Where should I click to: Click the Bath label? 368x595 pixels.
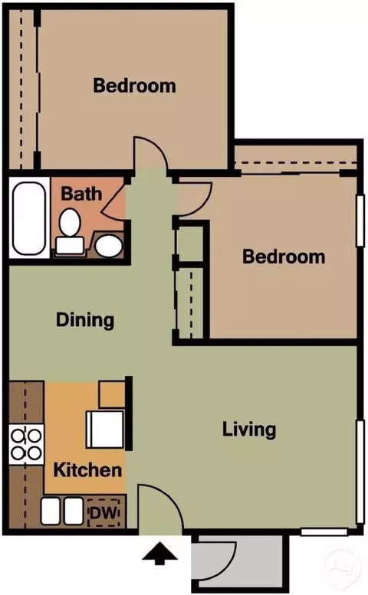tap(81, 194)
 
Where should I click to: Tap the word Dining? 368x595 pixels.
tap(85, 320)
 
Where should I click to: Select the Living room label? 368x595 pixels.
tap(249, 430)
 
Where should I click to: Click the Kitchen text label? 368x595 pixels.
tap(87, 469)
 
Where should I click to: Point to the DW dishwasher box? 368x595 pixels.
tap(103, 513)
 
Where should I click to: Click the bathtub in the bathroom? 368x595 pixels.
tap(29, 218)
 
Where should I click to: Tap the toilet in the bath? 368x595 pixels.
tap(70, 230)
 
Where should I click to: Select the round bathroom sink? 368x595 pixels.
tap(109, 246)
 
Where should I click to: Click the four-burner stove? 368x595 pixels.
tap(26, 444)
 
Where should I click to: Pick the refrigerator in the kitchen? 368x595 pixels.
tap(105, 429)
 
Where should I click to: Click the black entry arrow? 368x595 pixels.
tap(160, 554)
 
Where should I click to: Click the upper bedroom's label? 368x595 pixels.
tap(134, 85)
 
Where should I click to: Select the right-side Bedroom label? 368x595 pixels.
tap(284, 257)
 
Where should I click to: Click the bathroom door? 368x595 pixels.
tap(114, 201)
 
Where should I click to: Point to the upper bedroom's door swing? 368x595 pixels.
tap(149, 153)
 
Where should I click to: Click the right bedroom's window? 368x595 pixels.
tap(360, 221)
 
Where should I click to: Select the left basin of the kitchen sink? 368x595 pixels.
tap(51, 510)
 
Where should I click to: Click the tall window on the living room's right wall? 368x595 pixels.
tap(360, 472)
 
